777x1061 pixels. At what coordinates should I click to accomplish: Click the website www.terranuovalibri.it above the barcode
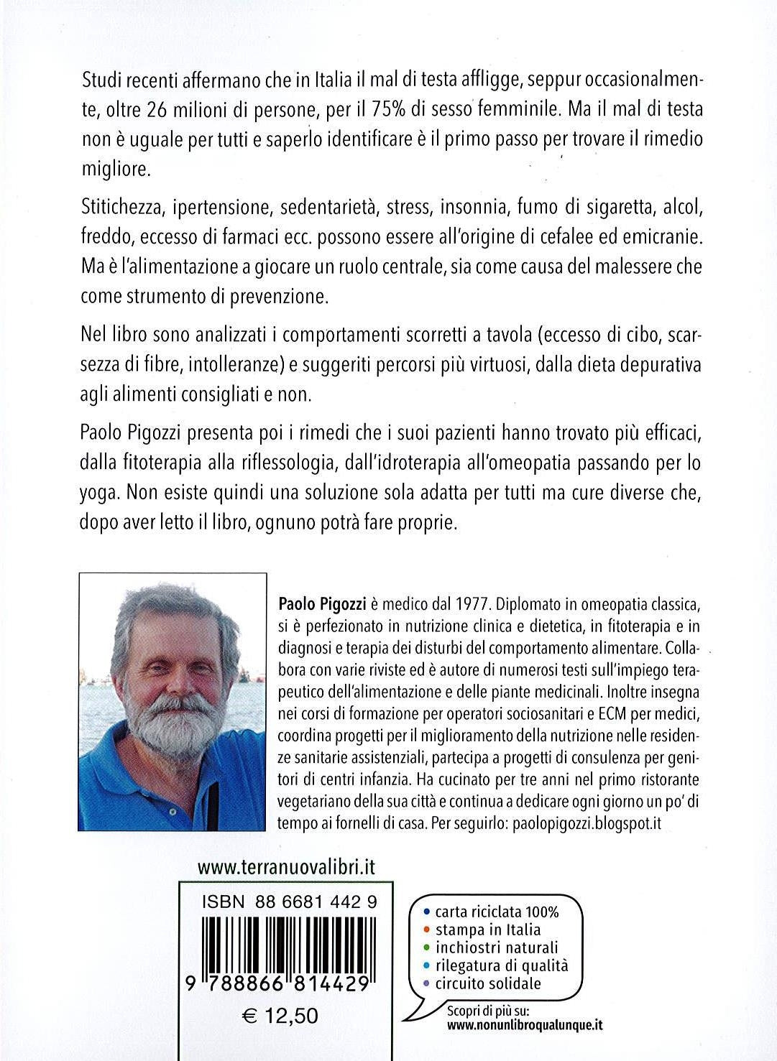point(285,867)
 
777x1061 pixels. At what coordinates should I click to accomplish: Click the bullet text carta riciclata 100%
point(497,912)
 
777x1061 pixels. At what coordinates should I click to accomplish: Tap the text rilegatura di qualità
point(501,965)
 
